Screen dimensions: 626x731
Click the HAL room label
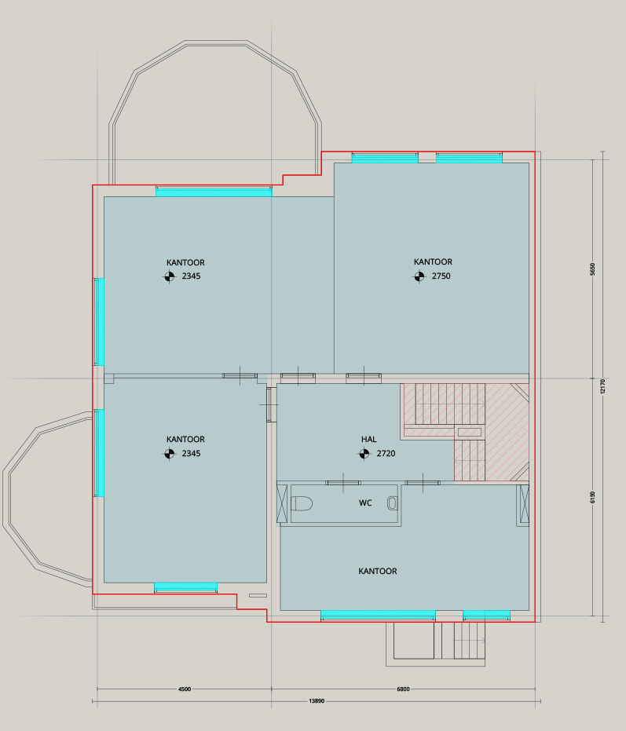point(368,439)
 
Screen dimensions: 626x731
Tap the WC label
point(365,503)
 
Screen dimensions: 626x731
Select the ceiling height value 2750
point(441,276)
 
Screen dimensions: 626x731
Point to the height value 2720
point(386,453)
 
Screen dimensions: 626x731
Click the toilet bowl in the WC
point(302,503)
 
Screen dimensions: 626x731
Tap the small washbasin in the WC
point(392,503)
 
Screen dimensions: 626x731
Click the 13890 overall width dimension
point(317,700)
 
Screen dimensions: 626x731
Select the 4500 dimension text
point(185,689)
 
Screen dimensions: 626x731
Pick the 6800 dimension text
point(403,689)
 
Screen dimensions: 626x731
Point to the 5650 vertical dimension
point(592,269)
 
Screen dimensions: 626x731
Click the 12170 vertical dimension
point(602,386)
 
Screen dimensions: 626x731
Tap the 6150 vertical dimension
point(592,497)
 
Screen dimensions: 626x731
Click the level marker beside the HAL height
point(364,453)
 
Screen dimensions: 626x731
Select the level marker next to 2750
point(419,276)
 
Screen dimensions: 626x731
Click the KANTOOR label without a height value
point(377,571)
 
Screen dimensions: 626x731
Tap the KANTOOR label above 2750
point(433,262)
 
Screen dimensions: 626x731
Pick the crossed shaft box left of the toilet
point(282,503)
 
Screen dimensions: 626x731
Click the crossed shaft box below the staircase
point(525,504)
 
